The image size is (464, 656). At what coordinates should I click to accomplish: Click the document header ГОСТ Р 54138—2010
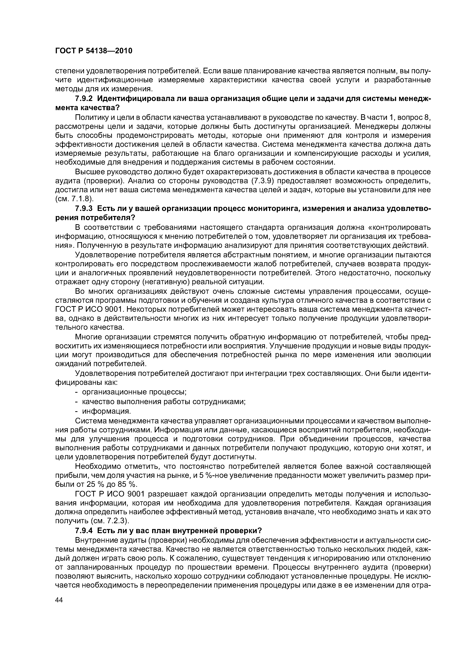(94, 51)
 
